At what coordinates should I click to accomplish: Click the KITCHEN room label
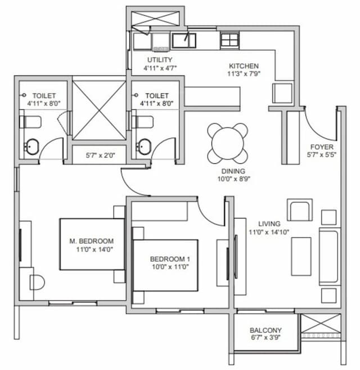[243, 65]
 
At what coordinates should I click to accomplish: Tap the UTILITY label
[160, 60]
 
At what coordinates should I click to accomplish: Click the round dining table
[227, 142]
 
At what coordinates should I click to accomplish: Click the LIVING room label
[264, 223]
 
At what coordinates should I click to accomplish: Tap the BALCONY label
[265, 330]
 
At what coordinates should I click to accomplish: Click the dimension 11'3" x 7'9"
[243, 74]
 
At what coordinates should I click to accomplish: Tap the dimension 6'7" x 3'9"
[265, 338]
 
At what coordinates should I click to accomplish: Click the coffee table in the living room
[301, 256]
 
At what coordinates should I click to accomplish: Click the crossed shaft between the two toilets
[99, 110]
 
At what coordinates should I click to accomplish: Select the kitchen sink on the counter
[183, 41]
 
